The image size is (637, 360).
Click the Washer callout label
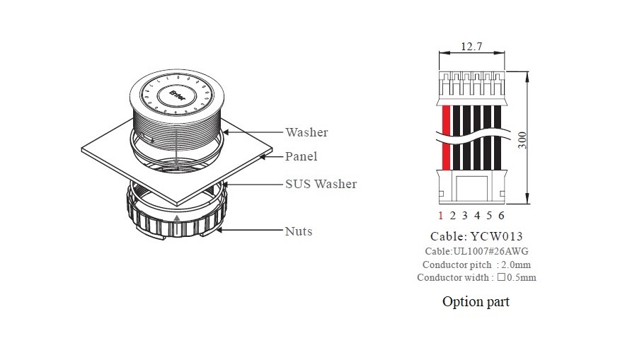306,132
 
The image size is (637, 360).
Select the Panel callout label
301,156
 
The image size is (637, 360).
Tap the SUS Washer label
321,184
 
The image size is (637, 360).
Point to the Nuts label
298,231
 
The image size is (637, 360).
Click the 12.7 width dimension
472,47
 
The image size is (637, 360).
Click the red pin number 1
440,216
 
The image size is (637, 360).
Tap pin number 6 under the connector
501,216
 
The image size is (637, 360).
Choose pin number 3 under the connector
465,216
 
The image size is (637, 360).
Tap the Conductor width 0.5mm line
476,277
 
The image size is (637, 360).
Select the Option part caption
476,302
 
